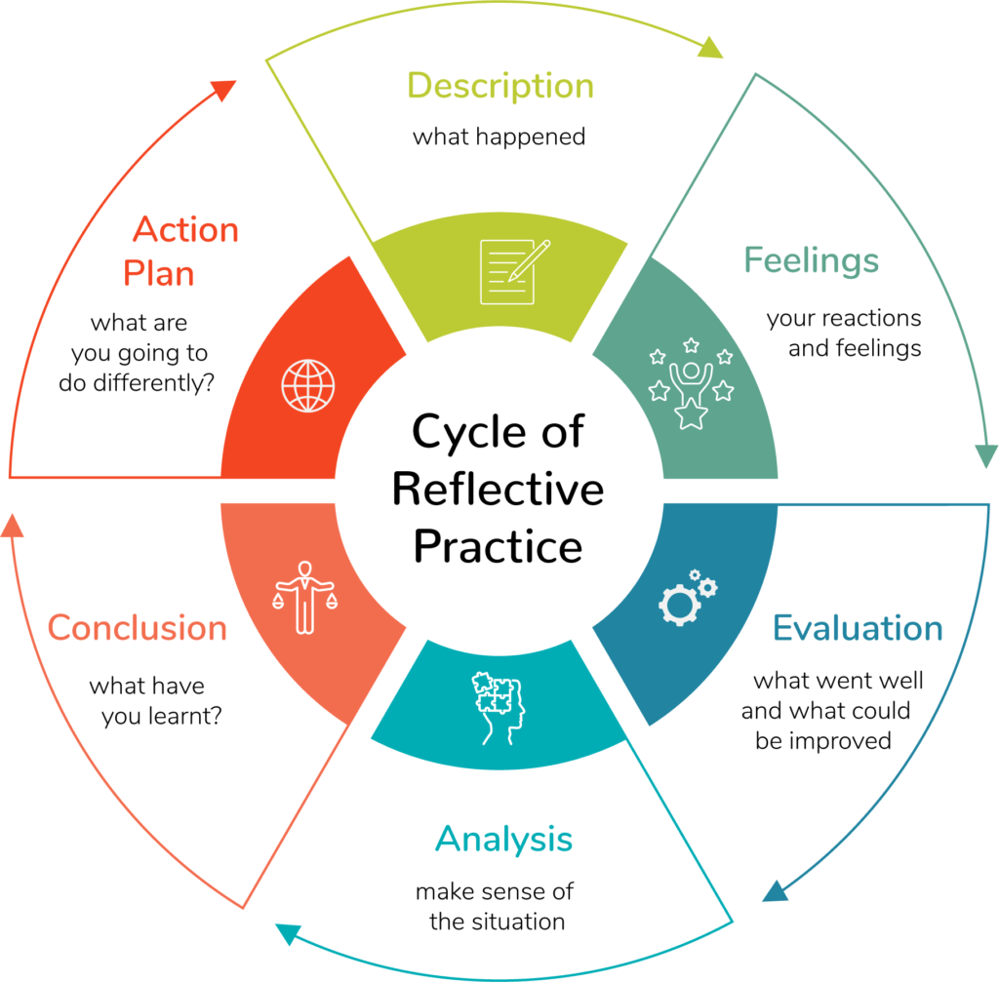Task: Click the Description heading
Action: pos(499,87)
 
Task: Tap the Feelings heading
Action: pos(811,260)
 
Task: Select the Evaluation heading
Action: pos(858,628)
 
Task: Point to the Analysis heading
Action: pos(503,839)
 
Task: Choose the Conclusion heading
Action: pos(138,627)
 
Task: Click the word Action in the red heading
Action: pos(185,230)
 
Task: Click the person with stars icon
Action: pos(690,384)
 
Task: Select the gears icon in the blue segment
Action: pos(688,597)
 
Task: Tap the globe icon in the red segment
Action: pos(306,385)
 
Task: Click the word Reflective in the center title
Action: pos(498,489)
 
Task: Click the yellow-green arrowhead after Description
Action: pos(711,47)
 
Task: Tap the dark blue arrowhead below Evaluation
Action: pos(777,890)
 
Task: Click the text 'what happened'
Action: pos(499,137)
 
